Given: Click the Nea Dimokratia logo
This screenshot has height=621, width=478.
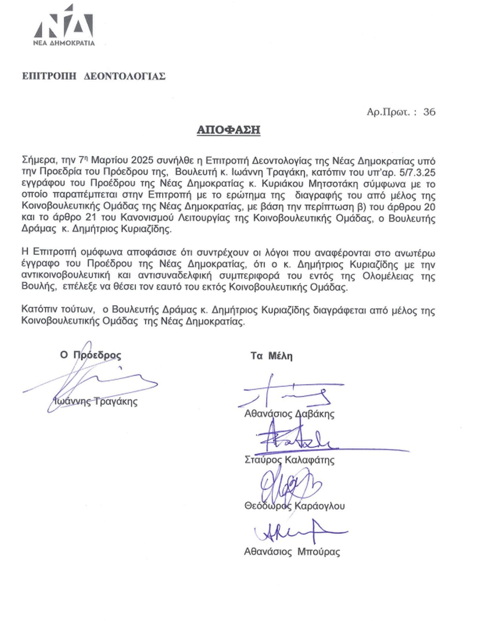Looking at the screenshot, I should (x=64, y=26).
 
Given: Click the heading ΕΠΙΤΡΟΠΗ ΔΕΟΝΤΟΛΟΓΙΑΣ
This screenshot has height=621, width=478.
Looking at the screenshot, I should (x=94, y=76).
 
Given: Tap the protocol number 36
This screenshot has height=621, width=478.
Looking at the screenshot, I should (x=429, y=112).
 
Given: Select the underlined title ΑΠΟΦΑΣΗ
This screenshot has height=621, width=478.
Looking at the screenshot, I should (x=228, y=130).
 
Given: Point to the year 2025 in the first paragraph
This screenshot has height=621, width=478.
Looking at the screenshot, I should (x=142, y=161).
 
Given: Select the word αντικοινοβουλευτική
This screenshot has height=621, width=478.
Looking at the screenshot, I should (x=66, y=276).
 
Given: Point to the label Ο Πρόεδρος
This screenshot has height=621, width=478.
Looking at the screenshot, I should (x=90, y=355).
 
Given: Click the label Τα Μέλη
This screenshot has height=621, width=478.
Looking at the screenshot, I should (x=271, y=356).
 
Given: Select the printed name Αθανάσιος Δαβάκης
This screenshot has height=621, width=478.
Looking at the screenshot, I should (x=289, y=413).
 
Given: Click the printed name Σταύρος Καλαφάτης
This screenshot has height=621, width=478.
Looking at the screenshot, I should (x=289, y=460).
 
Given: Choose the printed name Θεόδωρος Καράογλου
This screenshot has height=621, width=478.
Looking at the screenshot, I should (x=294, y=506).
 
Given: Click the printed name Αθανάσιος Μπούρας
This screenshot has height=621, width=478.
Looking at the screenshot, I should (x=292, y=552).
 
